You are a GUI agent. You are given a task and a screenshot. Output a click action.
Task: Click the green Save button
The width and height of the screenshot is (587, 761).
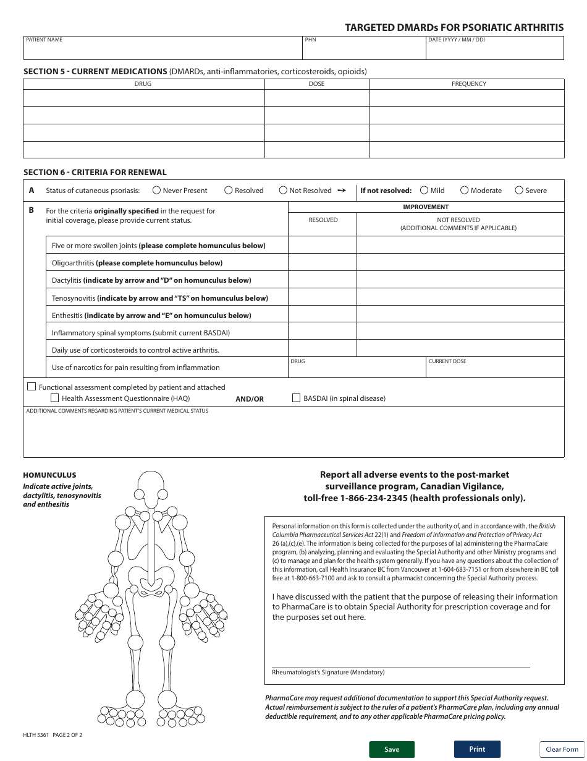[x=392, y=749]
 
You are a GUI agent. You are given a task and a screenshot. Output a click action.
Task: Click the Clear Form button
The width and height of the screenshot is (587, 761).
[x=562, y=749]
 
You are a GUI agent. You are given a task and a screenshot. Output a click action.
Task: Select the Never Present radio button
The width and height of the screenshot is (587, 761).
[x=156, y=191]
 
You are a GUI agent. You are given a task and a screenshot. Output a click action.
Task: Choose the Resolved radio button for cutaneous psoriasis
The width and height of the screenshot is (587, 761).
[x=229, y=191]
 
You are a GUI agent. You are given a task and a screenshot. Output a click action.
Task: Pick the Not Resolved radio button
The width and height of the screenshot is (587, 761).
[x=283, y=191]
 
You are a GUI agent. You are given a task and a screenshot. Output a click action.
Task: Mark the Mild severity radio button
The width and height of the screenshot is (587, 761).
[x=424, y=191]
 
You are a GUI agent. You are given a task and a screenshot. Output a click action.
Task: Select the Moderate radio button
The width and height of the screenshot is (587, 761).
[x=465, y=191]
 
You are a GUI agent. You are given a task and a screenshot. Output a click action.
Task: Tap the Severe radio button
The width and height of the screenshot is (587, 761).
[x=519, y=191]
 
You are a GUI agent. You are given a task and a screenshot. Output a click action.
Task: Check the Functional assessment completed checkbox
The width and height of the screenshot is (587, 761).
[x=32, y=387]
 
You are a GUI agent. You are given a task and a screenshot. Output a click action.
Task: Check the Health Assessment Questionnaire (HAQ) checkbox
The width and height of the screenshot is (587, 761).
[x=54, y=398]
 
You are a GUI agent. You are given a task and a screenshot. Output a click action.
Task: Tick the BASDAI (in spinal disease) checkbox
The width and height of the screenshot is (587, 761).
[x=296, y=398]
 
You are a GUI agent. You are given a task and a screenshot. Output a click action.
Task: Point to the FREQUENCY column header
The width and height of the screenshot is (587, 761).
[x=468, y=84]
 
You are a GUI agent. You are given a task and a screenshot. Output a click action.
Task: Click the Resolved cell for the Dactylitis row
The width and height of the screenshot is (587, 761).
[x=323, y=280]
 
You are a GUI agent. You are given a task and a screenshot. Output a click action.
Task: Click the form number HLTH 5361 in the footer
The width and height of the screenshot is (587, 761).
[x=36, y=735]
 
